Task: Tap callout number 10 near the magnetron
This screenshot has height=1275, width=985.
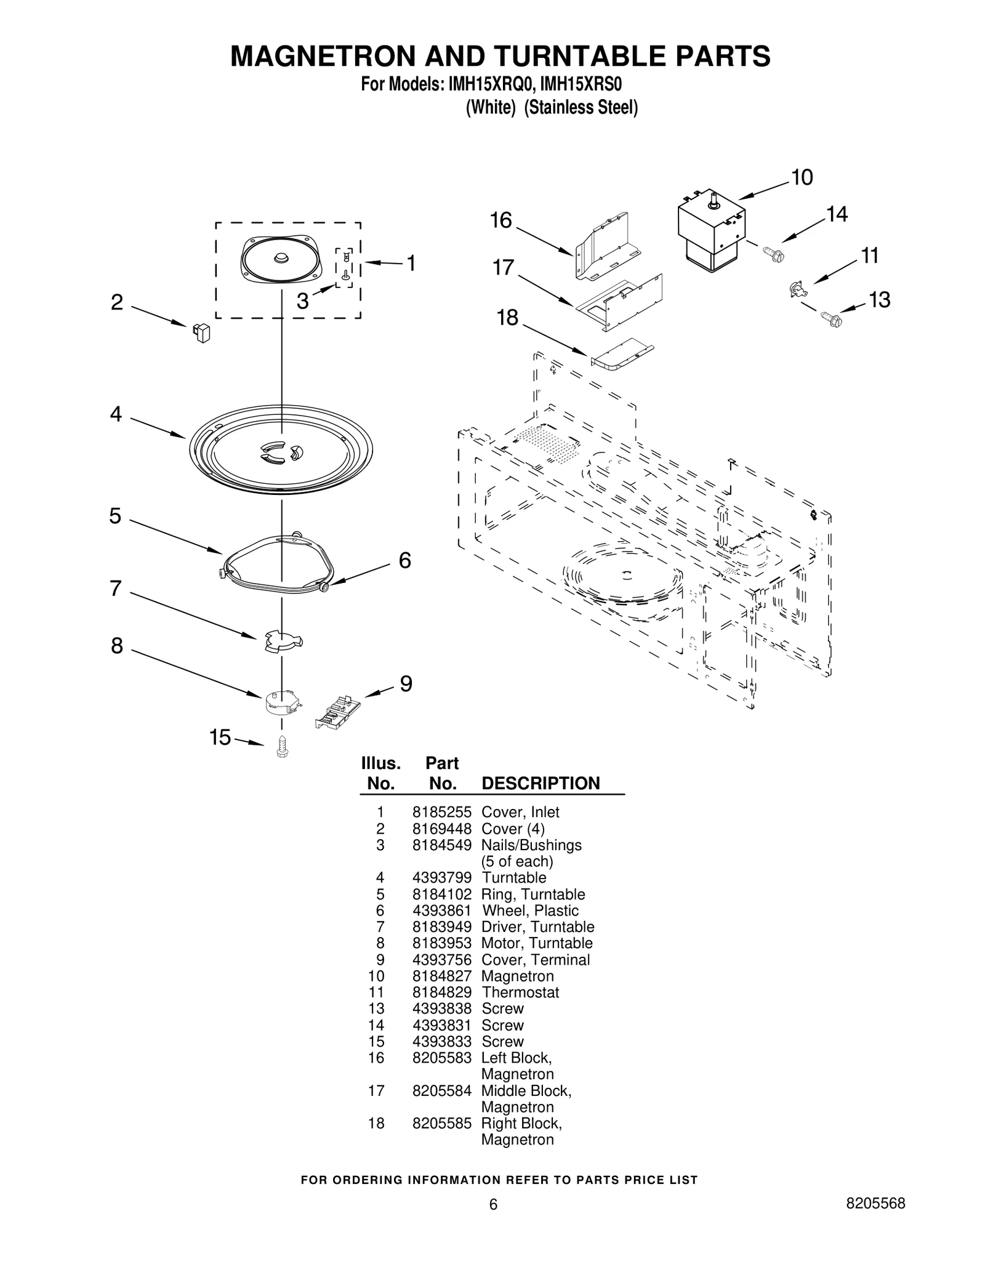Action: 802,178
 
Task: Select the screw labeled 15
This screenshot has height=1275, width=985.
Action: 283,746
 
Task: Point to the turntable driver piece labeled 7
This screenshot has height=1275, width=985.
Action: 281,640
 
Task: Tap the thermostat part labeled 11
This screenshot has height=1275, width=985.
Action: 795,289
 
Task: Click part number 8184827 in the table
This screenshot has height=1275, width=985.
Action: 441,976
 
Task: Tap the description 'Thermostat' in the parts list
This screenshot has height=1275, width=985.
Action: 520,992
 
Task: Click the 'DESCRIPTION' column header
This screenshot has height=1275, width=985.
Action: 540,784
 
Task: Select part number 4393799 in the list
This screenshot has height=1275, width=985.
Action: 441,878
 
